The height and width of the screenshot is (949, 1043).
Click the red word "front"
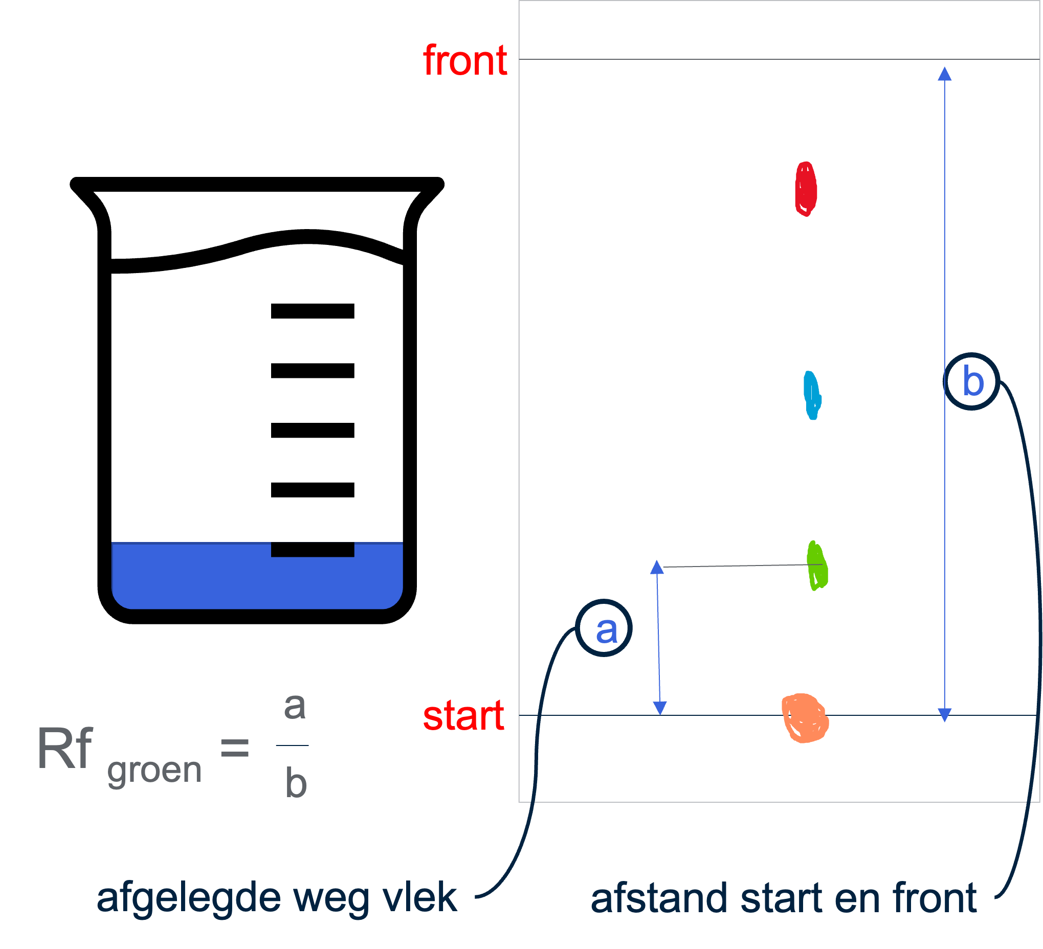[x=464, y=61]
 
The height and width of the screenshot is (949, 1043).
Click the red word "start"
[x=463, y=716]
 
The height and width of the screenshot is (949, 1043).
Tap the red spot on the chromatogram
[x=806, y=189]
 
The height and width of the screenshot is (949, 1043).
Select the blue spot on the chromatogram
[x=812, y=395]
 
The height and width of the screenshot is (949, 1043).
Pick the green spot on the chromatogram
[x=817, y=566]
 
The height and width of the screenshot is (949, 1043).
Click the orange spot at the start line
[x=805, y=718]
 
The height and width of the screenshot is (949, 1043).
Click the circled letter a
[x=604, y=628]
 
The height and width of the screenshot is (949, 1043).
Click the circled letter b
[x=972, y=381]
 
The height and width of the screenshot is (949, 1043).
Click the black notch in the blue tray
[x=313, y=550]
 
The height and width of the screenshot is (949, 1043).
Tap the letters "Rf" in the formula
[x=64, y=749]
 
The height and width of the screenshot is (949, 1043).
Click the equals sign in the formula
[x=234, y=748]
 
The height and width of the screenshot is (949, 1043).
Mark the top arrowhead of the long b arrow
[x=945, y=74]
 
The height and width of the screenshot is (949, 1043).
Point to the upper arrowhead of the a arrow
[x=657, y=568]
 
